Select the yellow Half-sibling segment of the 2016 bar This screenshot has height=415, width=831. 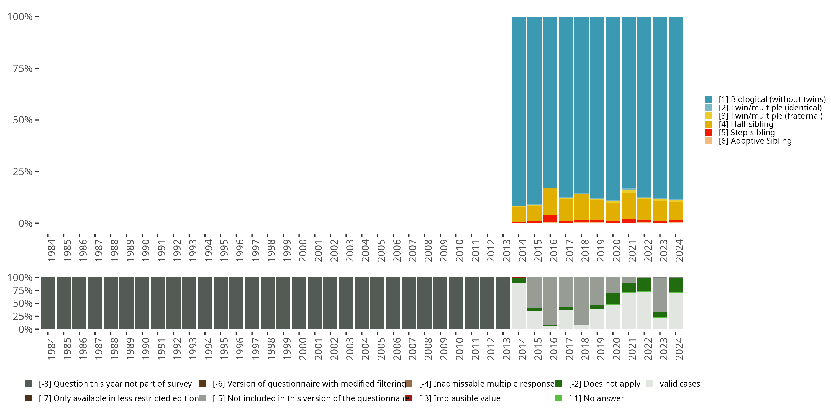coord(550,201)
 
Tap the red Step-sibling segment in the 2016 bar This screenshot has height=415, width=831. coord(550,218)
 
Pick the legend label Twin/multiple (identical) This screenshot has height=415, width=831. coord(770,108)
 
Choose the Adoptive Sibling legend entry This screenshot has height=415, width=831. coord(755,141)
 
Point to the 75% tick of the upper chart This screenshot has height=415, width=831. coord(23,68)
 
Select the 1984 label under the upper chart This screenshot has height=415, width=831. coord(51,250)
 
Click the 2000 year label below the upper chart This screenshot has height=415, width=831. coord(302,250)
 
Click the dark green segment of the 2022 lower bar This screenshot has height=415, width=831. coord(644,284)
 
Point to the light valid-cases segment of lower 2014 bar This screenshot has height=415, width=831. coord(519,306)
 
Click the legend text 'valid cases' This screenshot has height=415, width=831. coord(680,384)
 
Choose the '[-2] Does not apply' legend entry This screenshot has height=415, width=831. coord(604,384)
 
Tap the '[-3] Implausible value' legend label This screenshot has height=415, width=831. coord(459,398)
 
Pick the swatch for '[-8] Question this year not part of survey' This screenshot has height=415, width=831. coord(28,384)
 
